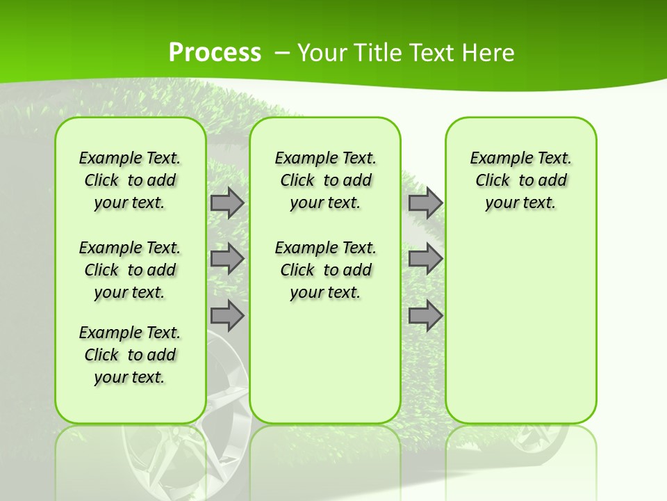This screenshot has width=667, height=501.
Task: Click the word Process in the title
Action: tap(215, 53)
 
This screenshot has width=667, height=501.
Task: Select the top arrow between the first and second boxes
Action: tap(227, 203)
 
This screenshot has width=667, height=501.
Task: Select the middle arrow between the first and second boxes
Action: tap(227, 259)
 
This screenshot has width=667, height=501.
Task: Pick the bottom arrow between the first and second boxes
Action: tap(227, 315)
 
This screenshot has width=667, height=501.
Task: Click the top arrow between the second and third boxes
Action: tap(425, 203)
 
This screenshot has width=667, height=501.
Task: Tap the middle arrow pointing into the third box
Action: tap(425, 259)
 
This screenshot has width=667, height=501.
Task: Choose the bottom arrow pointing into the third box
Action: tap(425, 315)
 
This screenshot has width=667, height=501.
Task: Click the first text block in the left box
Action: tap(129, 180)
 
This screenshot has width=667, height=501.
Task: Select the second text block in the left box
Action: tap(129, 270)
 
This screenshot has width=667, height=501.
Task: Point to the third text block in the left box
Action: tap(129, 355)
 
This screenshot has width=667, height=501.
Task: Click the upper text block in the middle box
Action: tap(325, 180)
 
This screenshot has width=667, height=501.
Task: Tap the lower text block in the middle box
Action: tap(325, 270)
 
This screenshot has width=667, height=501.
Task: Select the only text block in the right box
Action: tap(520, 180)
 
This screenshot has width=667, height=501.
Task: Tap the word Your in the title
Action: tap(322, 53)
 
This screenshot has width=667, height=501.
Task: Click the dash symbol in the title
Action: tap(282, 53)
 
